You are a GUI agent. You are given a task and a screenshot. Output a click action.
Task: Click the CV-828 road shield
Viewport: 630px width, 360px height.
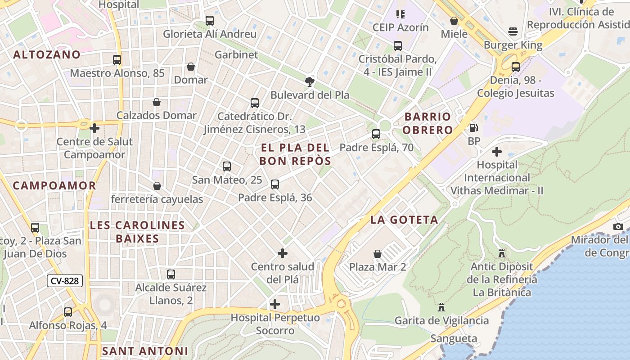(65, 281)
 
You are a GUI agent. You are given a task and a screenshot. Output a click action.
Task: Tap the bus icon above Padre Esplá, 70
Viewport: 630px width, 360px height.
(376, 134)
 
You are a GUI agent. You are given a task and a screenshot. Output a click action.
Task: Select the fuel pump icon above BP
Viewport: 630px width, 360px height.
(473, 128)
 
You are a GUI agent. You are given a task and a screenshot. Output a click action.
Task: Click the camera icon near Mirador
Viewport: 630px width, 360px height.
(618, 226)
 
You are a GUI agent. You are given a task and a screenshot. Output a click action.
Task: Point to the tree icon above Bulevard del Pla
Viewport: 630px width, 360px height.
(309, 81)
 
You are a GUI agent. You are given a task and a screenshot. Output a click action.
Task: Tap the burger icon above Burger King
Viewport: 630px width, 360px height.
(513, 31)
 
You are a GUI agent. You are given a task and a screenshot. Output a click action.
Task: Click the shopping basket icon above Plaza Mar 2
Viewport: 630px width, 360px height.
(378, 254)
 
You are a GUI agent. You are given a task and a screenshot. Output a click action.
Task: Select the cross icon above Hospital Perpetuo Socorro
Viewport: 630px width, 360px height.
(275, 304)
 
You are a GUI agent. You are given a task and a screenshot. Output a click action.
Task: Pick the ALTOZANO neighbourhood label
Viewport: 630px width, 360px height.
(47, 55)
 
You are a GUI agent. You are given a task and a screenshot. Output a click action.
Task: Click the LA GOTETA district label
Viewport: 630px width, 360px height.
(404, 220)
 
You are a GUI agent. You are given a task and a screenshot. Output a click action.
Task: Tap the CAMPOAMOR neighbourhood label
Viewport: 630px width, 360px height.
(54, 185)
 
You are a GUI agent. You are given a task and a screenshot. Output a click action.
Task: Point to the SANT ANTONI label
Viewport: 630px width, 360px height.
(145, 351)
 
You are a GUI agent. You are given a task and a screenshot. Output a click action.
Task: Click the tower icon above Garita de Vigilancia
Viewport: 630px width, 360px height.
(441, 307)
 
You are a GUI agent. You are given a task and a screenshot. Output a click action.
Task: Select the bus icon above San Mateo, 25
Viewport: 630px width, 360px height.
(227, 166)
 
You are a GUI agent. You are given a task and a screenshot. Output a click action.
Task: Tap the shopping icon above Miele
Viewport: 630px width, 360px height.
(454, 21)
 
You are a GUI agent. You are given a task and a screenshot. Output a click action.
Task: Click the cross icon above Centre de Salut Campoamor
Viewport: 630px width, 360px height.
(94, 128)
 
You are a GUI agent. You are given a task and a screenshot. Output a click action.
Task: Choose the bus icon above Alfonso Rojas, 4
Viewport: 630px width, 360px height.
(68, 312)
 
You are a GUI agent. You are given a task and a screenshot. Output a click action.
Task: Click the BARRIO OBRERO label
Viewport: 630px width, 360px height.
(427, 123)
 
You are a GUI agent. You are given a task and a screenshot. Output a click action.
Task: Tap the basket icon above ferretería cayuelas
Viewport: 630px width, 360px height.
(157, 186)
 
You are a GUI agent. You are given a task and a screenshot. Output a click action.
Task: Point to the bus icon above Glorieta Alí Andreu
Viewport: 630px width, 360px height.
(210, 20)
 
